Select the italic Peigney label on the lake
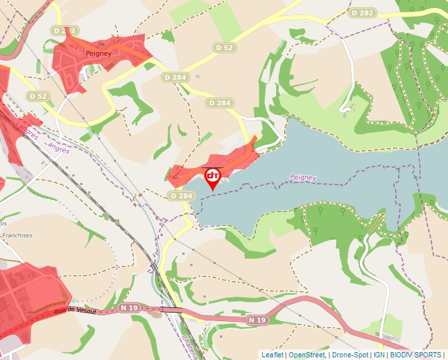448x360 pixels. [x=303, y=178]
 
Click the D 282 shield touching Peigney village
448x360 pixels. [x=65, y=31]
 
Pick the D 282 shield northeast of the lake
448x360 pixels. [x=362, y=13]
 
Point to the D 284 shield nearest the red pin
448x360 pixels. [x=181, y=195]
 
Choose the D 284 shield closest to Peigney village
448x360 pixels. [x=175, y=78]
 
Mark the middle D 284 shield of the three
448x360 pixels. [x=219, y=103]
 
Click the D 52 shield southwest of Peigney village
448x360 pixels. [x=38, y=96]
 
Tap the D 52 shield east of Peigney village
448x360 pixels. [x=225, y=47]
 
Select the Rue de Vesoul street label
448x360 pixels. [x=70, y=311]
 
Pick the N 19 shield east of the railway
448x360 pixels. [x=258, y=320]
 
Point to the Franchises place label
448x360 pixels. [x=16, y=235]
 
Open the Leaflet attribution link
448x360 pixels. [x=272, y=355]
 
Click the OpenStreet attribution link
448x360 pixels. [x=307, y=355]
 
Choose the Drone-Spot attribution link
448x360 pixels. [x=350, y=355]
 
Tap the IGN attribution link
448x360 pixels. [x=379, y=355]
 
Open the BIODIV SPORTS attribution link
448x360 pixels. [x=416, y=355]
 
